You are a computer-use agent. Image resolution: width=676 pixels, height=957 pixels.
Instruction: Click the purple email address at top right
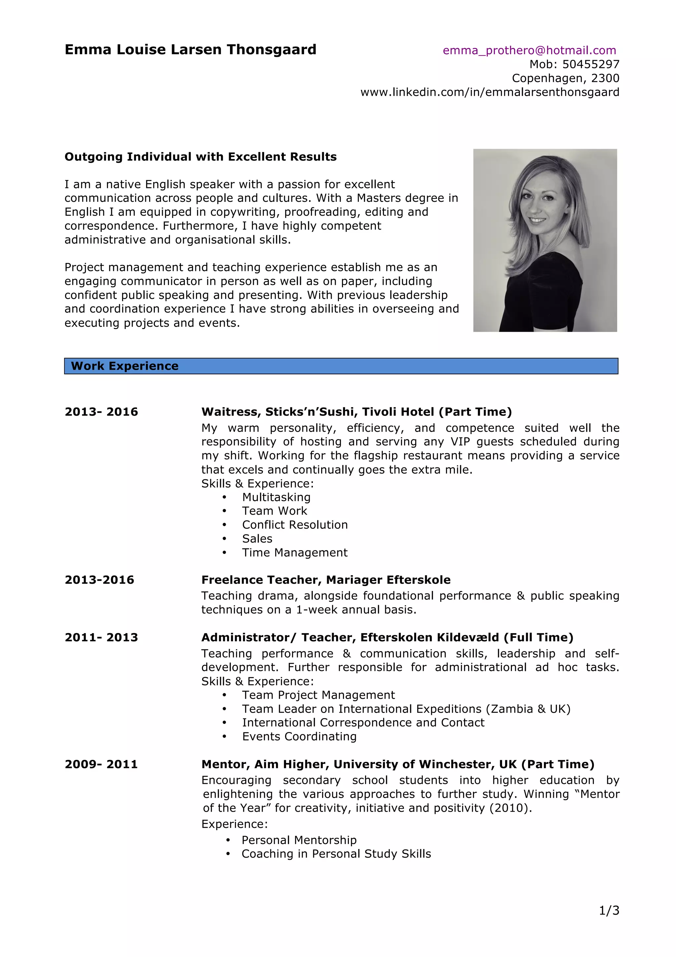tap(529, 51)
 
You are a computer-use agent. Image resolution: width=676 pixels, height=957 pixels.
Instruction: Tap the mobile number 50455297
tap(591, 64)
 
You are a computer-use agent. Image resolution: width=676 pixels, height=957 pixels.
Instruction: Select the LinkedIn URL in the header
tap(490, 92)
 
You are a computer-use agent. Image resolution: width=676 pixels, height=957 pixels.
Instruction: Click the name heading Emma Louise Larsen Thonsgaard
tap(190, 50)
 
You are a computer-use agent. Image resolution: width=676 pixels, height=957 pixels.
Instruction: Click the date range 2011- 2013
tap(101, 637)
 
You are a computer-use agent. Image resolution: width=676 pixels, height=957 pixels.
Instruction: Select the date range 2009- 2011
tap(101, 764)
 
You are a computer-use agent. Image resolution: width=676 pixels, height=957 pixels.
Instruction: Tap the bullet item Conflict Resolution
tap(295, 525)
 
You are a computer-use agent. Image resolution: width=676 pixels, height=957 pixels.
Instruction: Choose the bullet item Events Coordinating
tap(299, 737)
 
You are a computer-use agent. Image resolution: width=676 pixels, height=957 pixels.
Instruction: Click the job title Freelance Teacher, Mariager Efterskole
tap(326, 580)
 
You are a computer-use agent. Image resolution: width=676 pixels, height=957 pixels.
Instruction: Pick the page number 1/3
tap(609, 910)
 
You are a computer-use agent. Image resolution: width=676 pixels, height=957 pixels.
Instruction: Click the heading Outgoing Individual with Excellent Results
tap(200, 157)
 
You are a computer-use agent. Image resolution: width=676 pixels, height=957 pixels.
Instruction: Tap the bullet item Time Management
tap(294, 553)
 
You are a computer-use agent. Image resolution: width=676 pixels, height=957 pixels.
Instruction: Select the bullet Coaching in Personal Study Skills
tap(336, 854)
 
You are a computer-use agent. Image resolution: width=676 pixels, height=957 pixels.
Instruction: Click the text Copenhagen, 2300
tap(565, 78)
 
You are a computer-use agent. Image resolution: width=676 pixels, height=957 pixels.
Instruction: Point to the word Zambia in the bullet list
tap(512, 709)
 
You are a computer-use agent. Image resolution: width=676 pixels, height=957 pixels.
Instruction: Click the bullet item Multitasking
tap(276, 497)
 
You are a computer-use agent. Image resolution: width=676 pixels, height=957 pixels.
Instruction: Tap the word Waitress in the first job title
tap(231, 412)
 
